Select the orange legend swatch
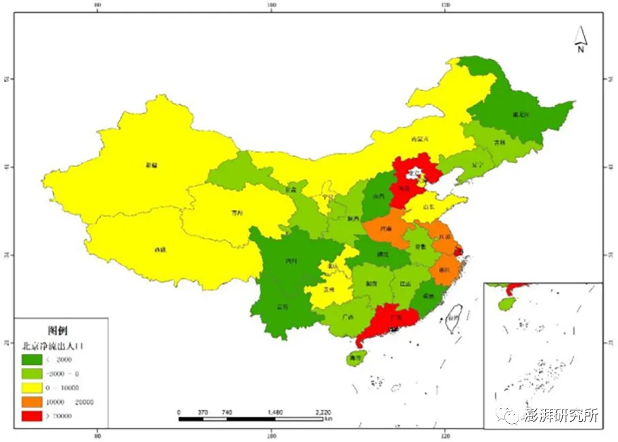[x=32, y=402]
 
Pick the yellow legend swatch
[x=32, y=387]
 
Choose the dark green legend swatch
[x=32, y=359]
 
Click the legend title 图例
[x=58, y=330]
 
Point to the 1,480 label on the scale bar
[x=275, y=412]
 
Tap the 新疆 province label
[x=151, y=165]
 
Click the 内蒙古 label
[x=421, y=139]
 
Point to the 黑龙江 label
[x=520, y=114]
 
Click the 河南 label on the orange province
[x=387, y=228]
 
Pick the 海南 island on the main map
[x=355, y=357]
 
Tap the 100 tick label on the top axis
[x=271, y=5]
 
